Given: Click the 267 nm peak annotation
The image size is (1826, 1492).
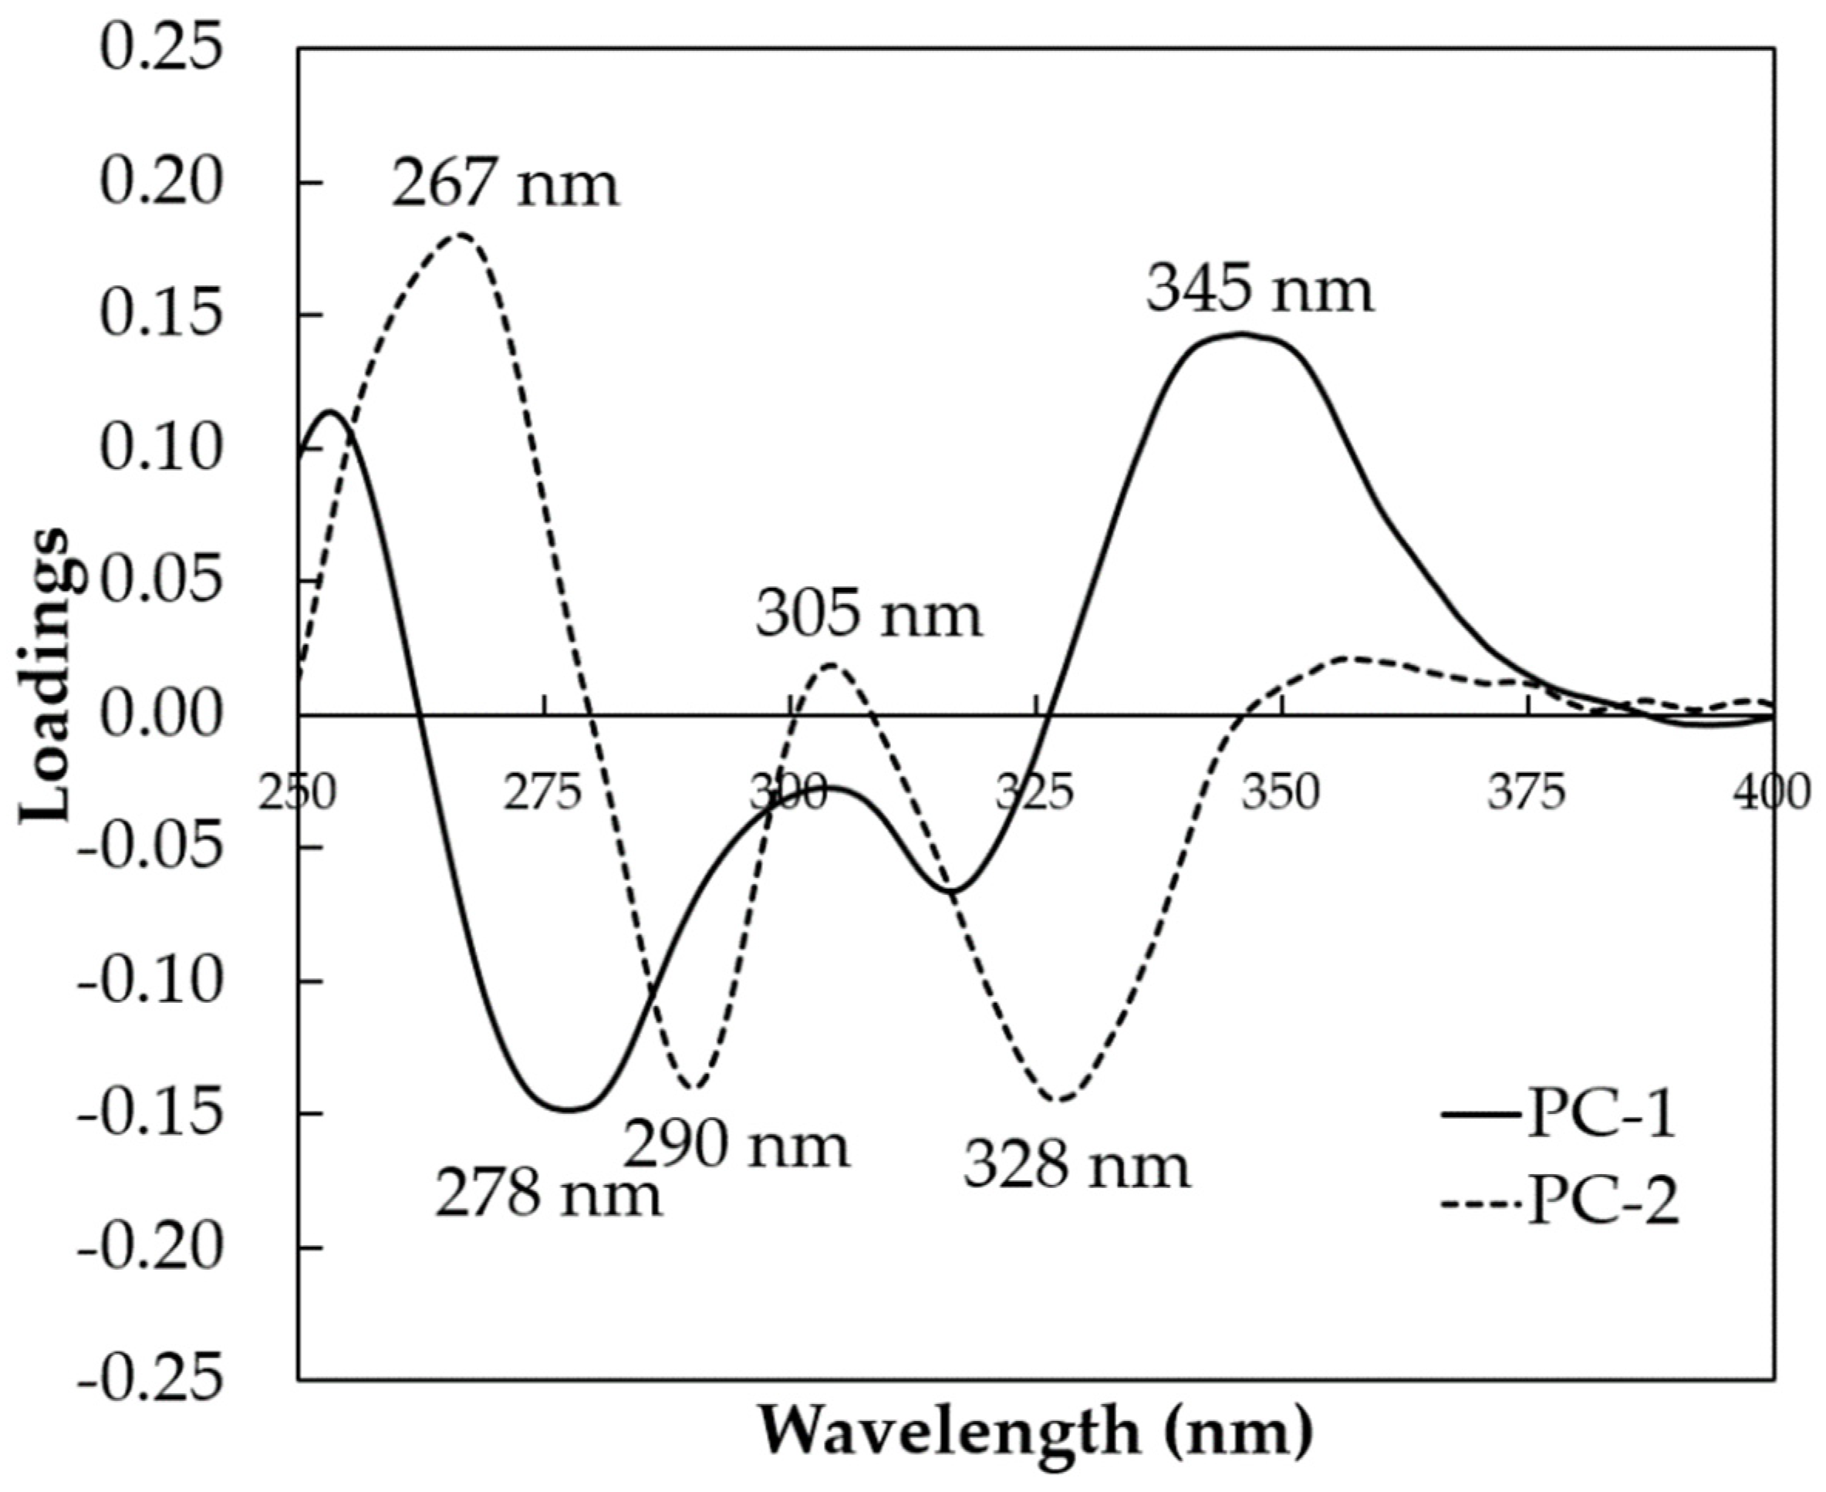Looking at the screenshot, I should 505,185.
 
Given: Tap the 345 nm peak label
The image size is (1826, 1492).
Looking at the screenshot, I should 1260,291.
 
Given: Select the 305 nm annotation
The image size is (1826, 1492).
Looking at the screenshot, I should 869,616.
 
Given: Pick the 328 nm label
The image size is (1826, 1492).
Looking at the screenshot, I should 1077,1166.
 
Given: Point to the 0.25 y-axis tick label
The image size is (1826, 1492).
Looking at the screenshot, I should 160,49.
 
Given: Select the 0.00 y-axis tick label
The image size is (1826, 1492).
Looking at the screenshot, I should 160,714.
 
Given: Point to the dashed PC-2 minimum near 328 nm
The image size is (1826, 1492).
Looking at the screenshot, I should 1062,1099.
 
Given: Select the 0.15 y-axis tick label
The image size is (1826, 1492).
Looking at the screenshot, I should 160,316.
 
